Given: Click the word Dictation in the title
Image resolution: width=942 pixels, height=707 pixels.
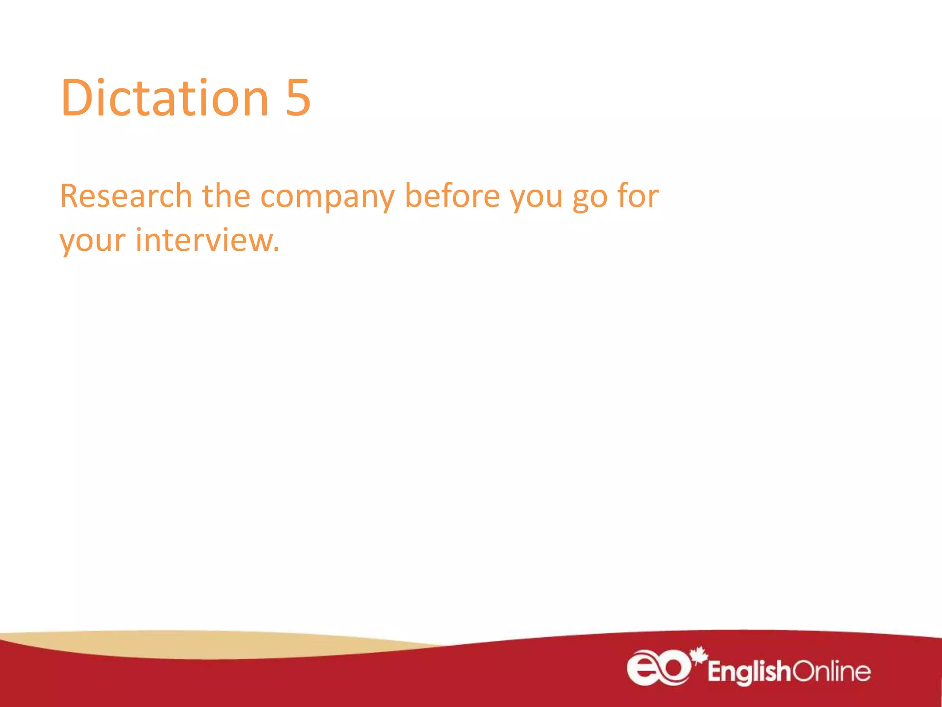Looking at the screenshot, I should coord(165,98).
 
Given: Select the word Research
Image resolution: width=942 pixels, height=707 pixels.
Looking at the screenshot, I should coord(126,196).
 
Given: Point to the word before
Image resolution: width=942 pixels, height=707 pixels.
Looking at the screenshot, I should coord(452,196).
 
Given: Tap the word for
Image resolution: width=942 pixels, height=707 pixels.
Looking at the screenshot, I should coord(638,196).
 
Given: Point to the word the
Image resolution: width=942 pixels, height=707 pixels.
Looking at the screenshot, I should coord(226,196).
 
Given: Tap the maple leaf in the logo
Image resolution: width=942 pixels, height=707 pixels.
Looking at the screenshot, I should coord(699,655).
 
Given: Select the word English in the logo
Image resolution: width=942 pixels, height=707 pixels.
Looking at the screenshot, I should coord(749,672).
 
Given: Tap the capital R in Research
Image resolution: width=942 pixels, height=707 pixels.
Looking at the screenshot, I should coord(70,196).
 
